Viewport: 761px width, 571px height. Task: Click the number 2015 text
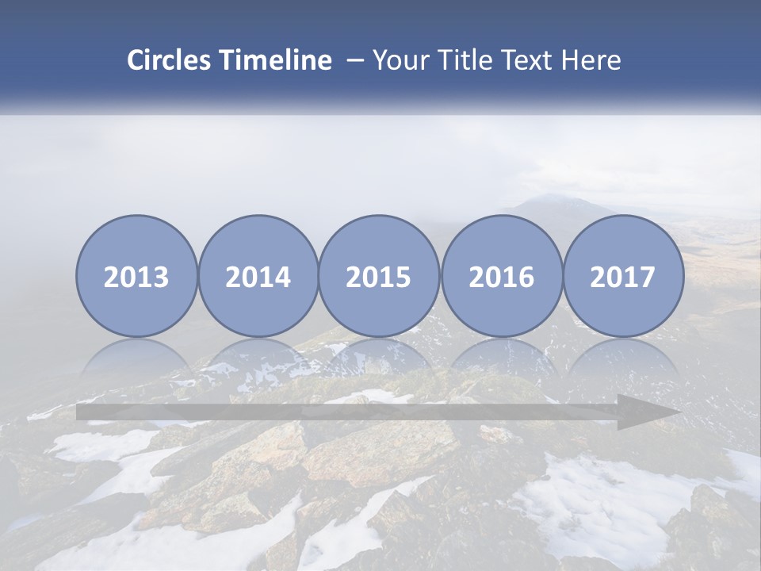379,277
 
